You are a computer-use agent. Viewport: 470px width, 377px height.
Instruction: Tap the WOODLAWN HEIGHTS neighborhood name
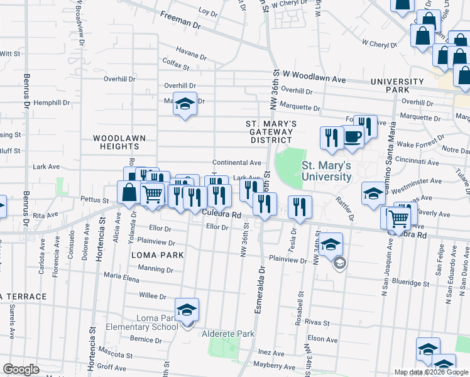[115, 141]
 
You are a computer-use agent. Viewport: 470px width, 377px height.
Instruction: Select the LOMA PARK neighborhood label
[157, 255]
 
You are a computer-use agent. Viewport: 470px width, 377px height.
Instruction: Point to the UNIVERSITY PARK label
[397, 86]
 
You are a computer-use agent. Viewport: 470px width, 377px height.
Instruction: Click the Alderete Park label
[227, 334]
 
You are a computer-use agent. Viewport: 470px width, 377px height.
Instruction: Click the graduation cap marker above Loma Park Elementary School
[187, 310]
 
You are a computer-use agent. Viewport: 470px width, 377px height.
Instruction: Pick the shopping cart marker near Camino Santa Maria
[398, 218]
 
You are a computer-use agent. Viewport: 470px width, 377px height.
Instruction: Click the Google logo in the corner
[21, 369]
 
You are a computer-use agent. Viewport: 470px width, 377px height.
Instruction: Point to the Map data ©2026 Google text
[431, 372]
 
